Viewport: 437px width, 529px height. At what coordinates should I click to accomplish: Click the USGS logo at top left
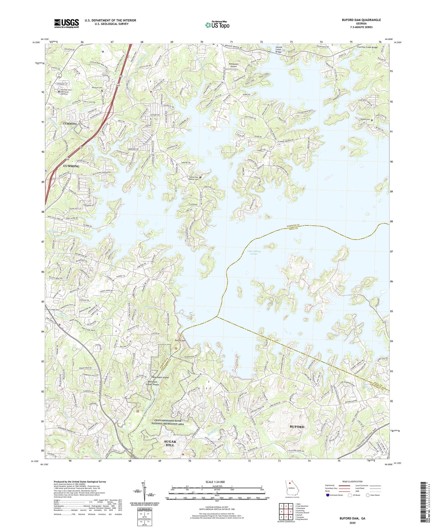[66, 23]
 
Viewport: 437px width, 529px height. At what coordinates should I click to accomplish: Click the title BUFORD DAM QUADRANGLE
[361, 20]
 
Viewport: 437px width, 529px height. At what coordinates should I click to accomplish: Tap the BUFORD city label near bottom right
[297, 427]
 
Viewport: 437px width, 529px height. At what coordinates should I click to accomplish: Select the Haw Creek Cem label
[53, 310]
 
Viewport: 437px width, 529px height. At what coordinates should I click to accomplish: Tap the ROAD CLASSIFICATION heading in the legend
[352, 481]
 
